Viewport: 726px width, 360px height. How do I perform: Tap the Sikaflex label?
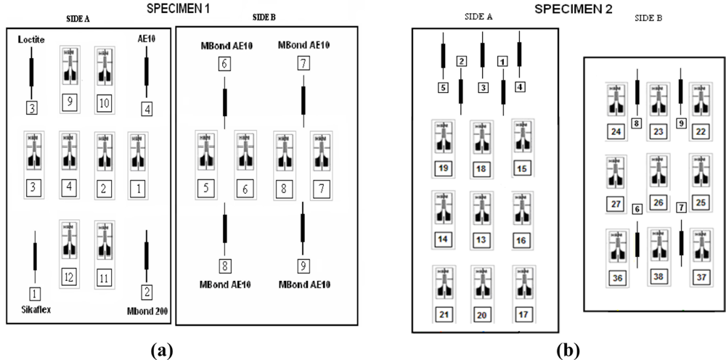click(35, 311)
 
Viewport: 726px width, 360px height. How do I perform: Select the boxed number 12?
click(70, 277)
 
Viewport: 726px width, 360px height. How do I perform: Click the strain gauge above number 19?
click(442, 138)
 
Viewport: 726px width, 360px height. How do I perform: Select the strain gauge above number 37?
click(701, 245)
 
